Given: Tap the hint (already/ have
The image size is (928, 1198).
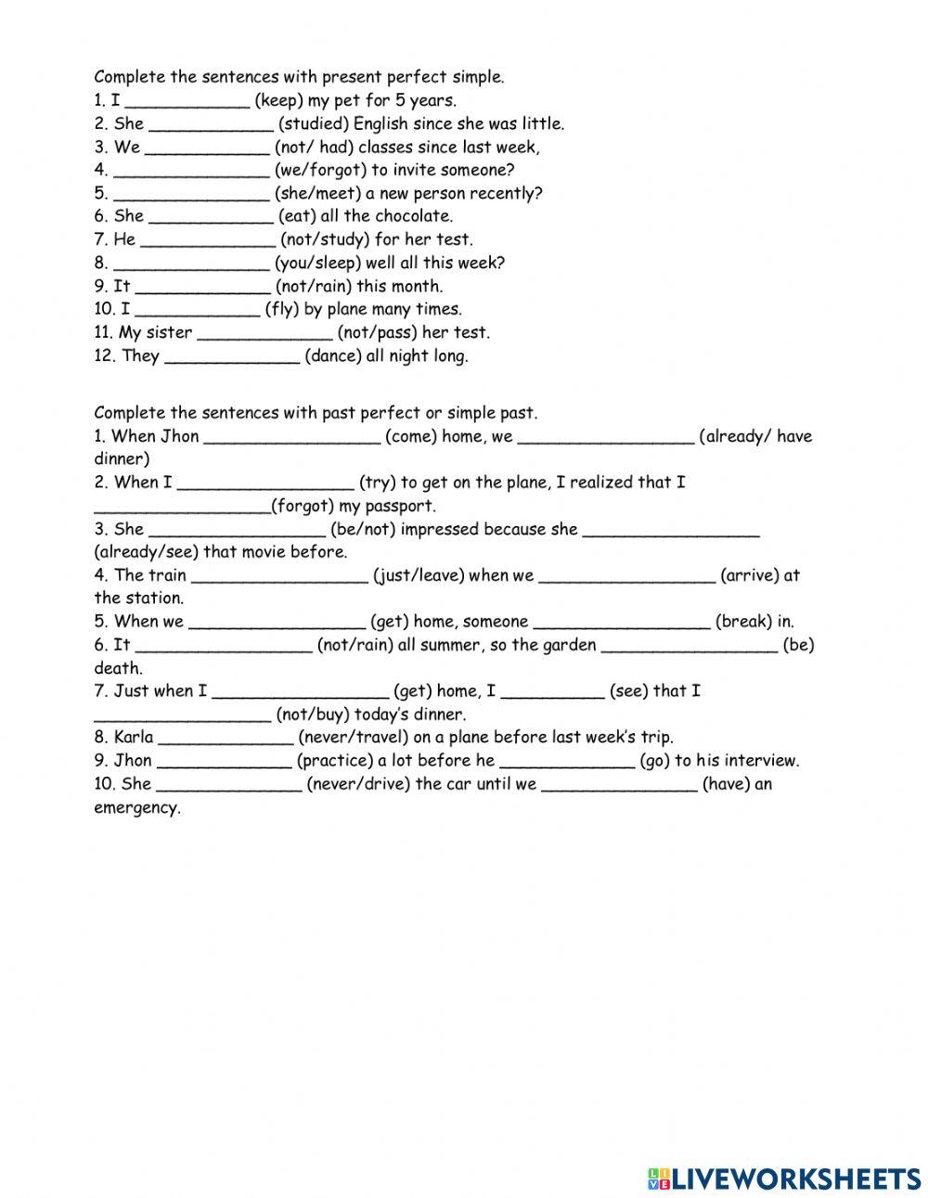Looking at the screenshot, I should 755,437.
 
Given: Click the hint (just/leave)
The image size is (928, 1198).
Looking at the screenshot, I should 418,576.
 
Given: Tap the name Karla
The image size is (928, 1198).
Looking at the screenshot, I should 134,738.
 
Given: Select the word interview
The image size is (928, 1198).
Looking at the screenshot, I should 760,761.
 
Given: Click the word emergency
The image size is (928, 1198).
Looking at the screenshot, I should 137,808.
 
